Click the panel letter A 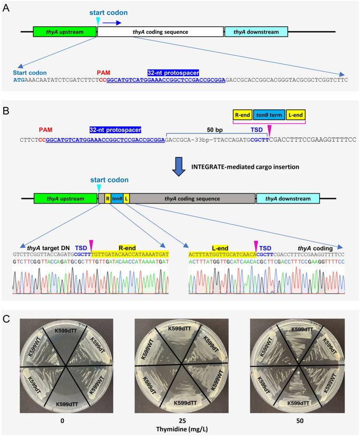coord(6,8)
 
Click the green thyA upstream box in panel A coord(65,32)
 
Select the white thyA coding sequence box coord(161,32)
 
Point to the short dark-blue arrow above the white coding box coord(112,23)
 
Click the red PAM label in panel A coord(103,73)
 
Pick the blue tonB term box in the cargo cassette coord(269,115)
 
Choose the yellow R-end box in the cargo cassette coord(242,115)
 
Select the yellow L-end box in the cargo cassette coord(296,115)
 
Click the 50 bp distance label coord(214,130)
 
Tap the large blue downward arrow coord(179,167)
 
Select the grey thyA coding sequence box coord(192,199)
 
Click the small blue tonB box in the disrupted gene coord(117,199)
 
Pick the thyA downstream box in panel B coord(288,199)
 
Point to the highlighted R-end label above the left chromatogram coord(127,248)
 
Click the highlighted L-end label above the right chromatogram coord(220,248)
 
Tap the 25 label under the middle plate coord(183,421)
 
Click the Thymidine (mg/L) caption coord(182,429)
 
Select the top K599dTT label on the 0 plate coord(66,330)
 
